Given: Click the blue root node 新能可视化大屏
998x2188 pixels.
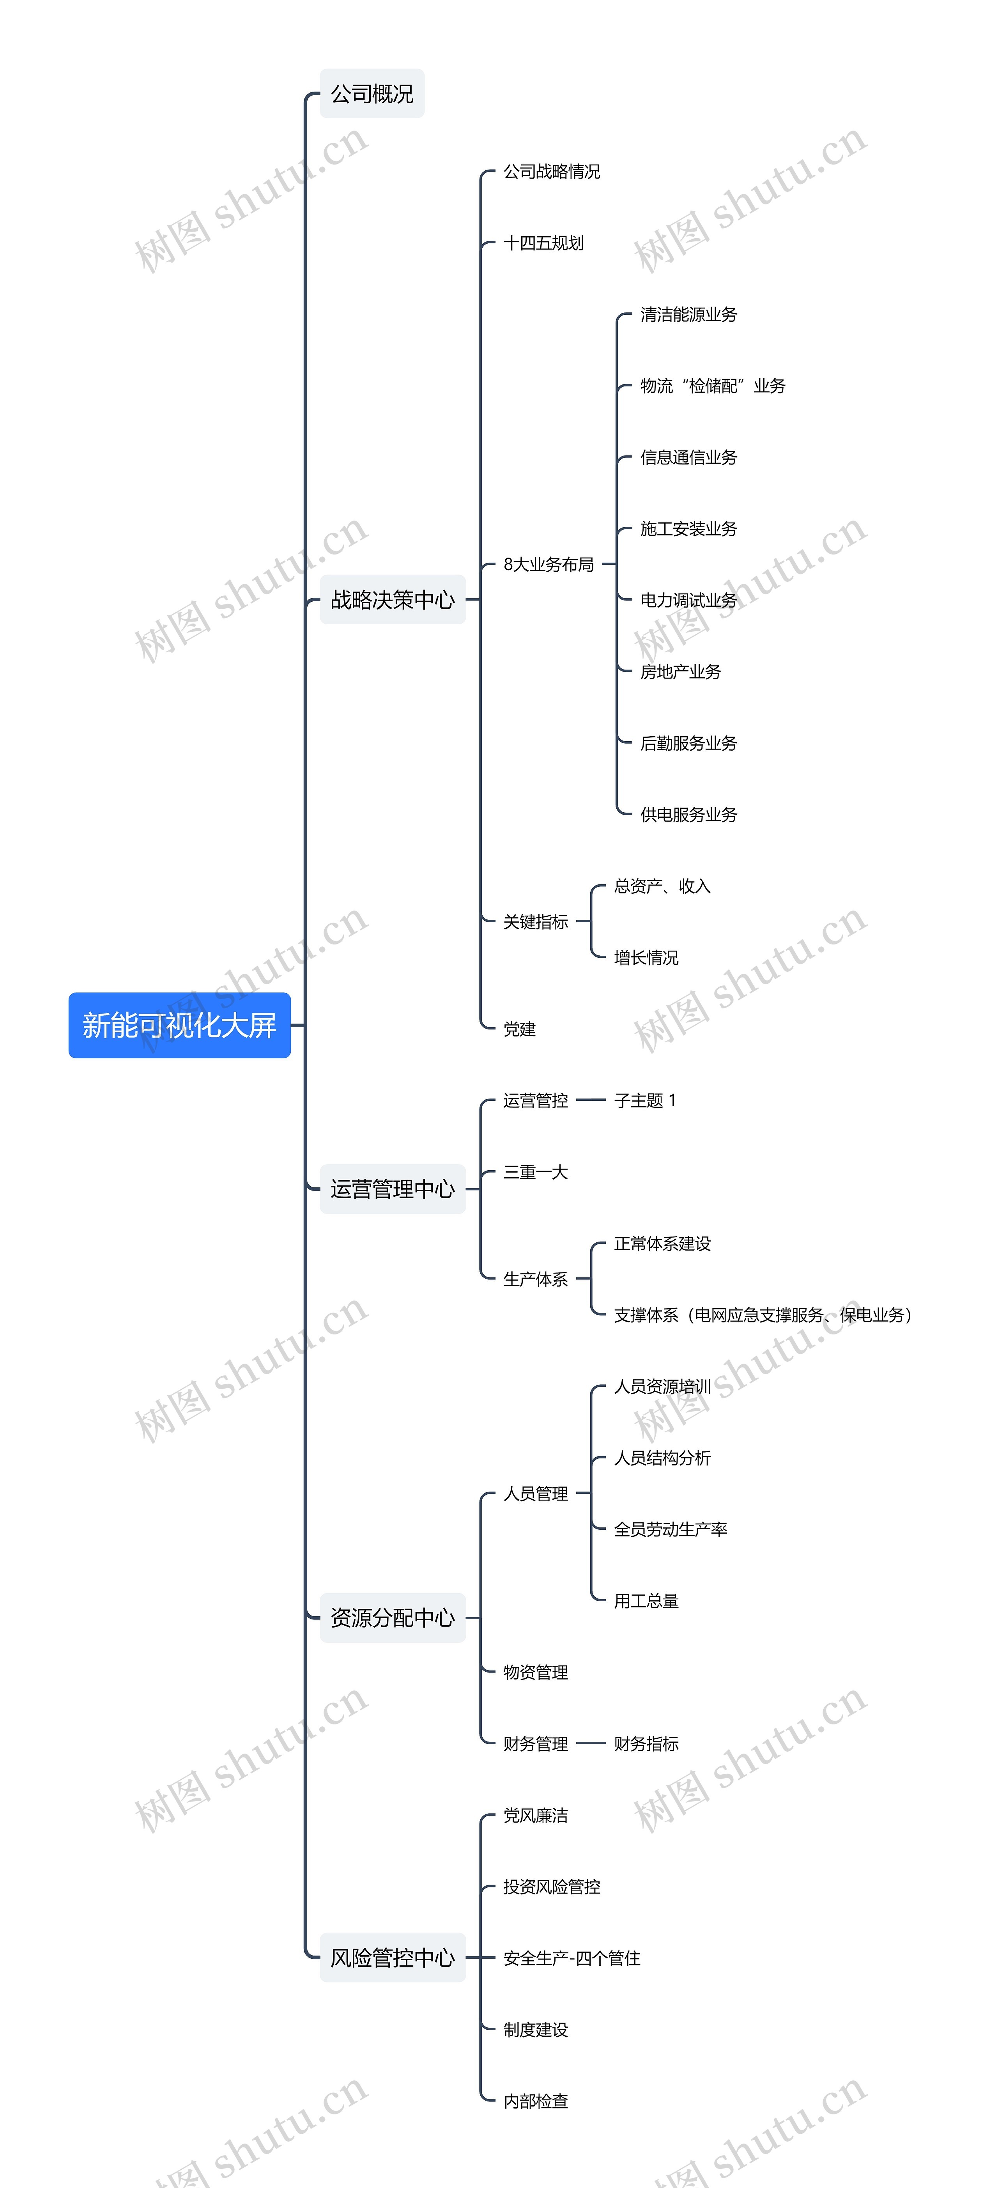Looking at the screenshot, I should point(179,1025).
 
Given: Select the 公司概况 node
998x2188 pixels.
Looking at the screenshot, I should point(372,94).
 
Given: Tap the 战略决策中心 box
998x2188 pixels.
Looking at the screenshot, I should point(393,600).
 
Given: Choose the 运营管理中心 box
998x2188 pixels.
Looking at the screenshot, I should point(393,1189).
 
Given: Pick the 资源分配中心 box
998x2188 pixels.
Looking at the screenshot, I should point(393,1618).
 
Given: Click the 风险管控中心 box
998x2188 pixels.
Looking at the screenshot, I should point(393,1958).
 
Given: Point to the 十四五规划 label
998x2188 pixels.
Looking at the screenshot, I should point(543,244).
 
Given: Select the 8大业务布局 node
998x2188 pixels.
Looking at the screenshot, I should point(549,565).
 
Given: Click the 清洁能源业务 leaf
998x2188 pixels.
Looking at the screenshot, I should point(689,315).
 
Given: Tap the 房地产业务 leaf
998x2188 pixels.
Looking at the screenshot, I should point(680,672).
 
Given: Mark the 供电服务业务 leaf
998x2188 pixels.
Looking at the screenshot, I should point(689,815).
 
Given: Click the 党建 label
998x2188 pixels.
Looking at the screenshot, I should point(519,1029).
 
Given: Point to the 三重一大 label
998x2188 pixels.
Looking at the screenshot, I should point(535,1172).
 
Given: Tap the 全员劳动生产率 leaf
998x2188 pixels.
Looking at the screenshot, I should point(670,1530).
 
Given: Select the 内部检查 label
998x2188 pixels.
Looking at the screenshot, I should point(535,2101).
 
